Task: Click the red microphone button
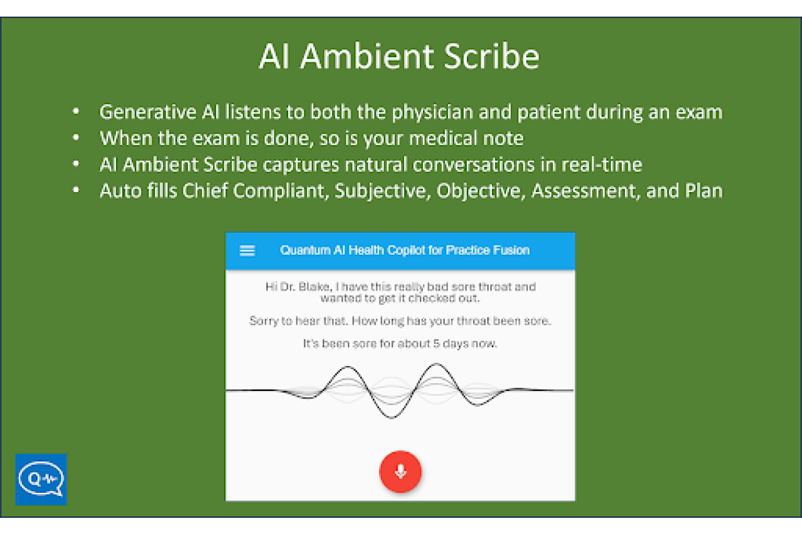[x=400, y=471]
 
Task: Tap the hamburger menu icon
[x=247, y=250]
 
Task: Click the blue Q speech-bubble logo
[x=41, y=479]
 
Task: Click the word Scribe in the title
[x=491, y=57]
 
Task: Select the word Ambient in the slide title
[x=367, y=57]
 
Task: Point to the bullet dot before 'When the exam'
[x=76, y=137]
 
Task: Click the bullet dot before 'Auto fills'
[x=76, y=190]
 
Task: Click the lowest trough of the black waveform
[x=392, y=418]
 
